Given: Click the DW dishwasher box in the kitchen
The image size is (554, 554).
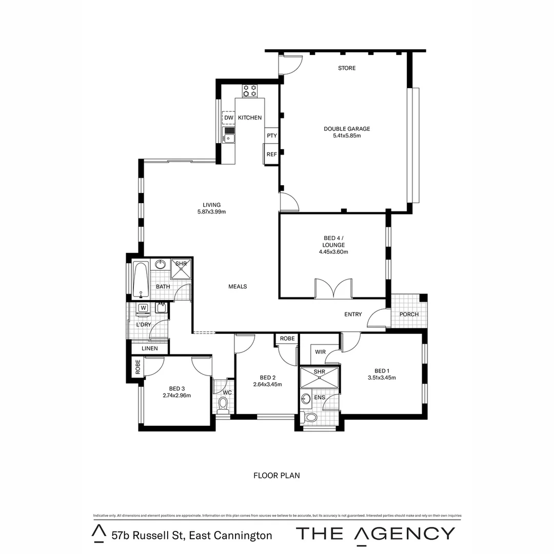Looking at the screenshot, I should click(229, 118).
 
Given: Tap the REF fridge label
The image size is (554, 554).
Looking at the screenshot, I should click(271, 154).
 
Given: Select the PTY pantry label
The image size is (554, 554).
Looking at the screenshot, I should click(271, 136).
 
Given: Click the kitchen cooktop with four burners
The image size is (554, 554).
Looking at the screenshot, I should click(250, 91).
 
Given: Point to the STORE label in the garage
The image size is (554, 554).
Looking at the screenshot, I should click(347, 68).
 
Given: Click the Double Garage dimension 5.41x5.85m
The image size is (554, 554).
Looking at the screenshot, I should click(347, 136).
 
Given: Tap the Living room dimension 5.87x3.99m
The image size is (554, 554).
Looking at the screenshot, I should click(211, 212).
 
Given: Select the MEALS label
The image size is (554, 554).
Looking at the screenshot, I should click(238, 286).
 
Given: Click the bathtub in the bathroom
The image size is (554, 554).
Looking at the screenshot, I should click(141, 280).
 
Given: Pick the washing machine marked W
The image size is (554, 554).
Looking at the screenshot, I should click(144, 308).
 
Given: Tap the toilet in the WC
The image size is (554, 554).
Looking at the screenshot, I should click(223, 406).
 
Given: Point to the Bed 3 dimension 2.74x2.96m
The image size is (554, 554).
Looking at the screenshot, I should click(176, 395).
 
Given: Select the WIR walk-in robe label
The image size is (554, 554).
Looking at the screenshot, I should click(321, 352).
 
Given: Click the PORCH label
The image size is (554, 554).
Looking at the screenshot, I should click(409, 314).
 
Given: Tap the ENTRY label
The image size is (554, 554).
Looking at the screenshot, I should click(353, 314).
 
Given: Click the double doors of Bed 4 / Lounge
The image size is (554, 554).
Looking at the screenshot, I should click(333, 288).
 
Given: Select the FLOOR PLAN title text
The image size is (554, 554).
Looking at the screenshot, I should click(276, 476).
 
